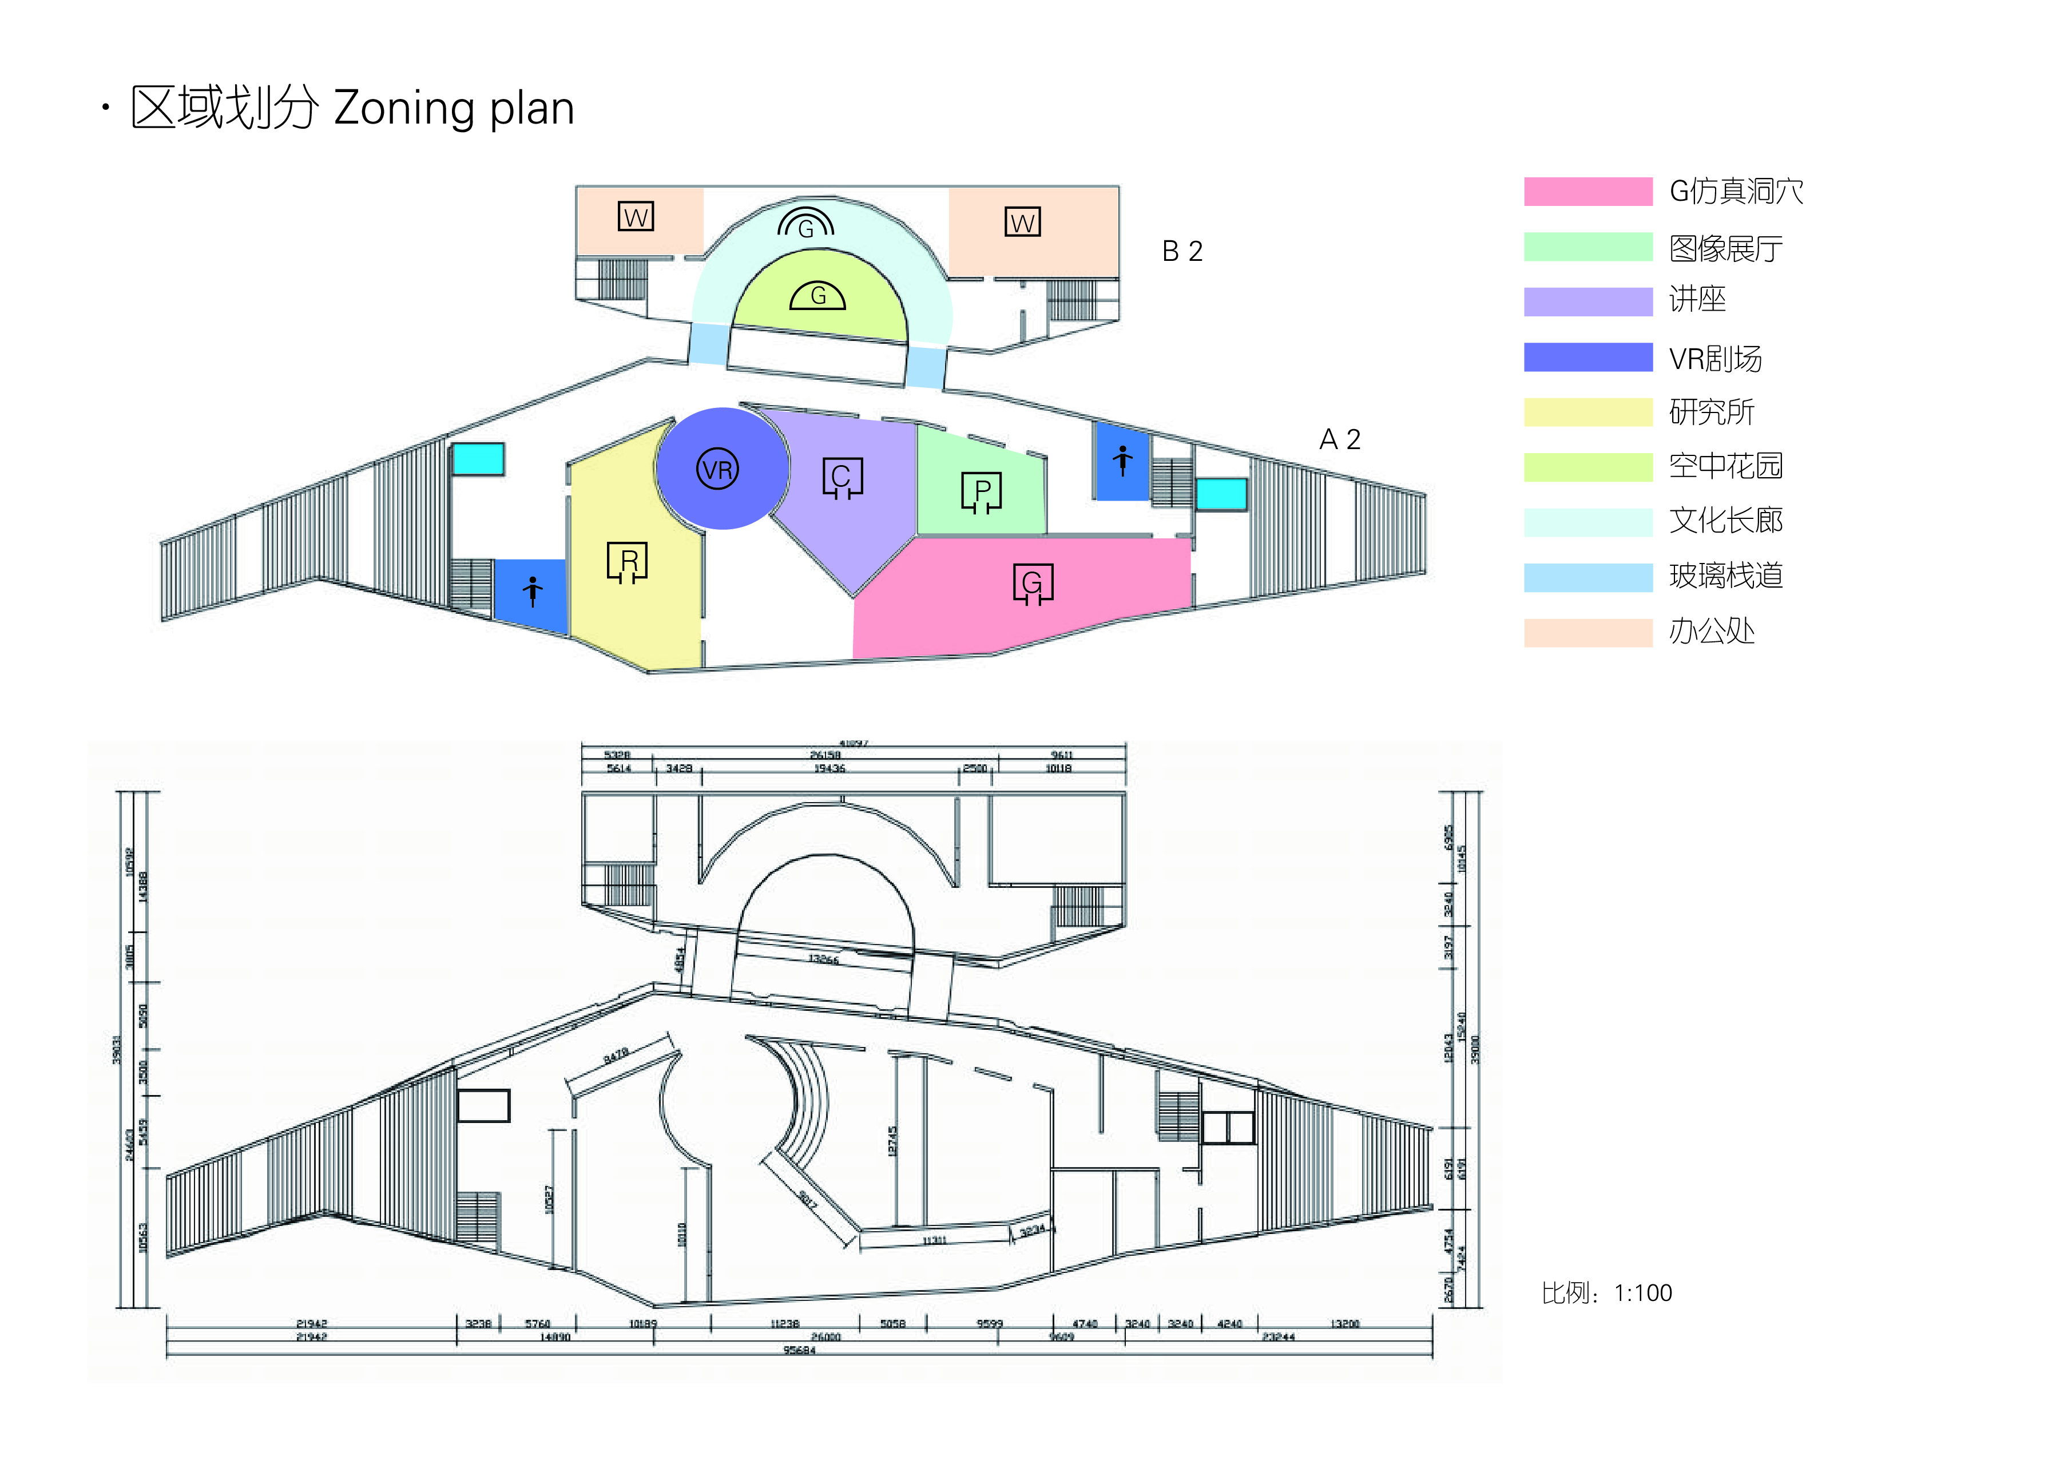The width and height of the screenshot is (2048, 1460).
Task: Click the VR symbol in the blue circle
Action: (x=717, y=469)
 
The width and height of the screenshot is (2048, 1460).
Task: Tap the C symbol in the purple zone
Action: (x=842, y=477)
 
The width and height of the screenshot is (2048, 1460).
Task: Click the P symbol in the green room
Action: (x=981, y=492)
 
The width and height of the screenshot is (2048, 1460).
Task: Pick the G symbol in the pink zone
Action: (x=1033, y=584)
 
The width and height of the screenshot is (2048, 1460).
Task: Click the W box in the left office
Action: (x=636, y=217)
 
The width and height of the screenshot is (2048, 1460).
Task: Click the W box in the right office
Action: (x=1022, y=222)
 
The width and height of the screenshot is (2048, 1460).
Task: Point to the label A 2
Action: (x=1340, y=439)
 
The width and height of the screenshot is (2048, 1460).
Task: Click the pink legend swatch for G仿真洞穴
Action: (x=1587, y=192)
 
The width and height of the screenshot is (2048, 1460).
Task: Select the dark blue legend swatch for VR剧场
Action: (x=1587, y=357)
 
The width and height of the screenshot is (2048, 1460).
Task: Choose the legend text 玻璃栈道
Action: (x=1725, y=576)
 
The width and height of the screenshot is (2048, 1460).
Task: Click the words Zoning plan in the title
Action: (x=454, y=109)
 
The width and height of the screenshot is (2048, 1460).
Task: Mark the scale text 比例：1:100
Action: (x=1606, y=1293)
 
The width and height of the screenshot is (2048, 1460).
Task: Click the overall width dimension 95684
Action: (x=799, y=1350)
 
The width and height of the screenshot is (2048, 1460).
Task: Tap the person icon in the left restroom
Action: (x=532, y=590)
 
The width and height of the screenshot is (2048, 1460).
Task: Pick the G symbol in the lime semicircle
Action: (x=817, y=296)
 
